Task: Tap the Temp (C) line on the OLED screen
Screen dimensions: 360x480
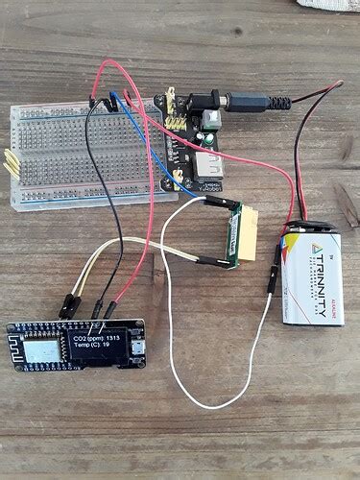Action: tap(92, 348)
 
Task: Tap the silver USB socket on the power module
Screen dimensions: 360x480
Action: tap(206, 171)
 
